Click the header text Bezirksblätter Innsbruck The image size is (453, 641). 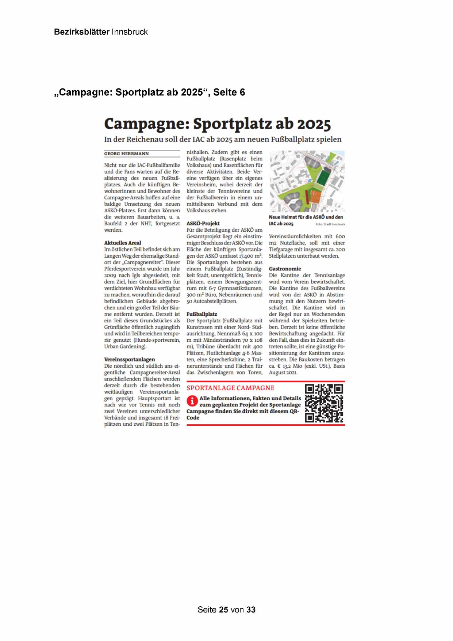tap(101, 32)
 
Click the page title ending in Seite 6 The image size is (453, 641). tap(150, 92)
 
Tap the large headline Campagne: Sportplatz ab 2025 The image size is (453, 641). tap(218, 124)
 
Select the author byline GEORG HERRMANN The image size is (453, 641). tap(126, 154)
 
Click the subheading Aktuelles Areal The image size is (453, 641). tap(122, 243)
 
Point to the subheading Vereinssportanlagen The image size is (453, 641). tap(129, 360)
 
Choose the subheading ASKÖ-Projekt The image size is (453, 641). tap(203, 223)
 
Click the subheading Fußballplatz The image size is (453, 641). tap(201, 314)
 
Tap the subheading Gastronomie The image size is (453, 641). tap(285, 269)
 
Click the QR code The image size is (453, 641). tap(324, 403)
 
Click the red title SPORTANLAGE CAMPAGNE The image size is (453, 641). tap(230, 388)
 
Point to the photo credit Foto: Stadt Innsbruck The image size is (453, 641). tap(330, 224)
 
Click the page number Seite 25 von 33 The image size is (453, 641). tap(226, 610)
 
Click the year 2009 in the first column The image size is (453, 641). tap(110, 275)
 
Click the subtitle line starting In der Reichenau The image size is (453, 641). tap(223, 139)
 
